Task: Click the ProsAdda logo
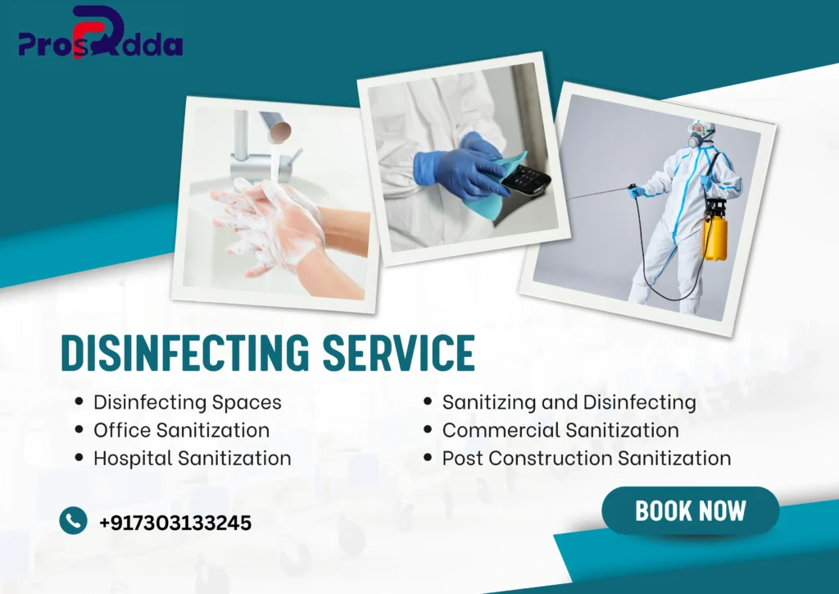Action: coord(101,33)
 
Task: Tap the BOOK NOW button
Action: coord(690,510)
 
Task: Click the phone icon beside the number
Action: coord(73,521)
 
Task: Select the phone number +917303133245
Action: coord(175,523)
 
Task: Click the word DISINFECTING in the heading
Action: coord(185,353)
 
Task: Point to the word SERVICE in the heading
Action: coord(399,353)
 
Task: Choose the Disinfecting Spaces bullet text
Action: coord(188,402)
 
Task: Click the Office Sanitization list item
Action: coord(181,430)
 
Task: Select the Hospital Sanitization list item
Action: coord(192,458)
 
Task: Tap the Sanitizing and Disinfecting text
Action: coord(569,402)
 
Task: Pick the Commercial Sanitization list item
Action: coord(560,430)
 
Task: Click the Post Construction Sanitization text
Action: coord(587,458)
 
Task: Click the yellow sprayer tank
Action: coord(715,234)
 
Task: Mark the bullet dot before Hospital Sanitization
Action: coord(79,458)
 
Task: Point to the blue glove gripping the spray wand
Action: coord(637,190)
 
